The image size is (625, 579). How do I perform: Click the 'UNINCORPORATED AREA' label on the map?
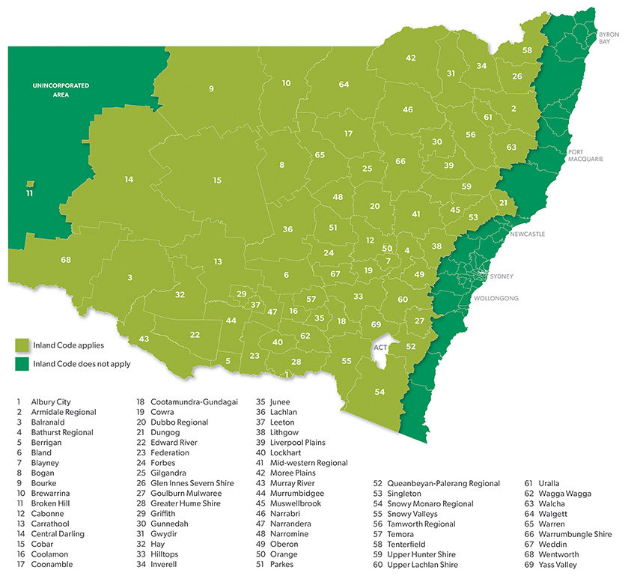(61, 90)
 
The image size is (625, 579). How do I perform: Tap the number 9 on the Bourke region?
(212, 89)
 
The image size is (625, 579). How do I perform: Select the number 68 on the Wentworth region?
(66, 260)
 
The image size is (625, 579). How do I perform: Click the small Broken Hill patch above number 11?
(29, 184)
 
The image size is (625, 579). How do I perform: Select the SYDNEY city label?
(501, 276)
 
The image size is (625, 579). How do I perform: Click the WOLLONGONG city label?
(496, 298)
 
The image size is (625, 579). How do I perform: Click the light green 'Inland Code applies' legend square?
(23, 345)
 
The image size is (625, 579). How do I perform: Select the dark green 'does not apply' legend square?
(23, 364)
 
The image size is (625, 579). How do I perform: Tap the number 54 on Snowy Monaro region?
(380, 392)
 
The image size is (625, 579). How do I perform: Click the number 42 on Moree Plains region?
(411, 58)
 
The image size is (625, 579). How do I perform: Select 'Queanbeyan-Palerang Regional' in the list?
(443, 484)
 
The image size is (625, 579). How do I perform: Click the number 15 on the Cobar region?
(217, 181)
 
